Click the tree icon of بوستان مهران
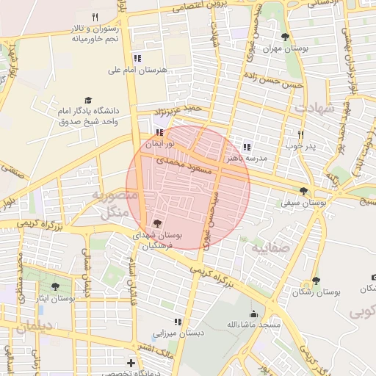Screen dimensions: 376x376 pyautogui.click(x=286, y=37)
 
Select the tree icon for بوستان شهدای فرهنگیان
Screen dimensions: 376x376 pyautogui.click(x=156, y=224)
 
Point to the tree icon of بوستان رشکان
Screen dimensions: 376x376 pyautogui.click(x=316, y=281)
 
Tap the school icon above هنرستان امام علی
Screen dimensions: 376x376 pyautogui.click(x=137, y=58)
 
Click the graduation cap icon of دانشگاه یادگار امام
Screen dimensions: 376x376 pyautogui.click(x=89, y=100)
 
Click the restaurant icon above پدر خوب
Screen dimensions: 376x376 pyautogui.click(x=300, y=134)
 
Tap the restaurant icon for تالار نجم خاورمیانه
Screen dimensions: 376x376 pyautogui.click(x=94, y=18)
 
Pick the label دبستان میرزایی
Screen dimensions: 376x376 pyautogui.click(x=176, y=333)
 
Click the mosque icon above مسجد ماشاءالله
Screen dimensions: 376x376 pyautogui.click(x=253, y=313)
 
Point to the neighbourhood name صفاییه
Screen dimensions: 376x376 pyautogui.click(x=272, y=249)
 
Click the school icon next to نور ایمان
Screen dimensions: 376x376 pyautogui.click(x=160, y=133)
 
